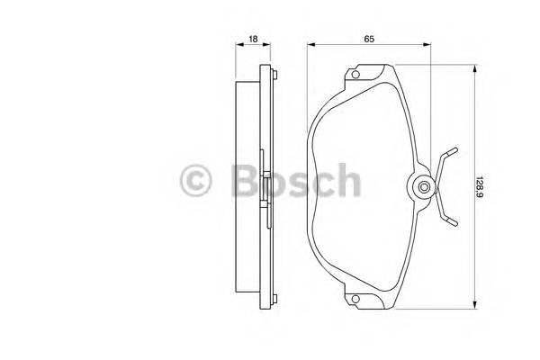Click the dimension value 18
click(x=253, y=38)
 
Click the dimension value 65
click(x=369, y=38)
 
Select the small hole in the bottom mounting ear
click(x=357, y=301)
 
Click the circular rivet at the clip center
click(x=423, y=187)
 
